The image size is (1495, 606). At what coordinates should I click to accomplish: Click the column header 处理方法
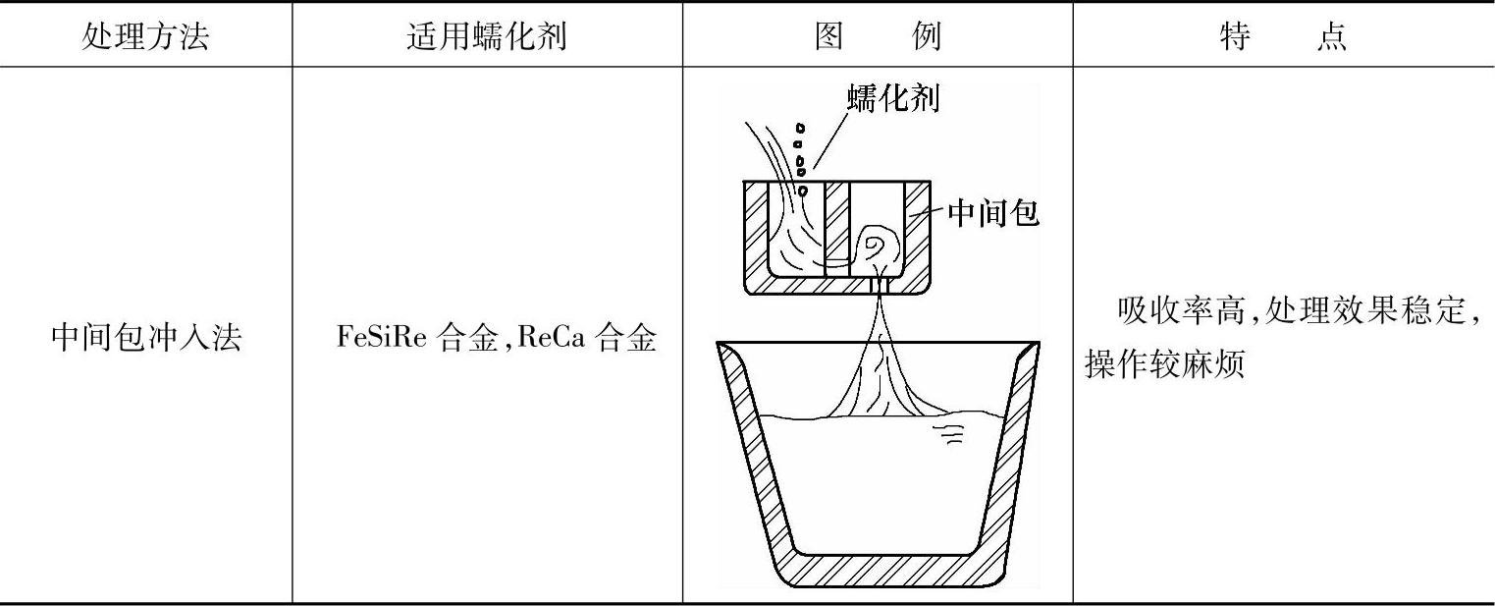click(x=145, y=37)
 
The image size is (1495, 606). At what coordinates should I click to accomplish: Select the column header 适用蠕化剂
click(x=487, y=37)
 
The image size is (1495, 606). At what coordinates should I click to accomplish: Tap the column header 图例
click(x=878, y=37)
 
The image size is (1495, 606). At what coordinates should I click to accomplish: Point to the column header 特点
click(x=1283, y=37)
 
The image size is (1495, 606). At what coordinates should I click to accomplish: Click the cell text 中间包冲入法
click(x=145, y=340)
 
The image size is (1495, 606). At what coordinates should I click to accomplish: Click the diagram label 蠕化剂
click(x=892, y=99)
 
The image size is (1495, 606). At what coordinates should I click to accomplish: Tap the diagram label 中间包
click(x=992, y=213)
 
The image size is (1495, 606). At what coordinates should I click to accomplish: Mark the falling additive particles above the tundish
click(x=801, y=158)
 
